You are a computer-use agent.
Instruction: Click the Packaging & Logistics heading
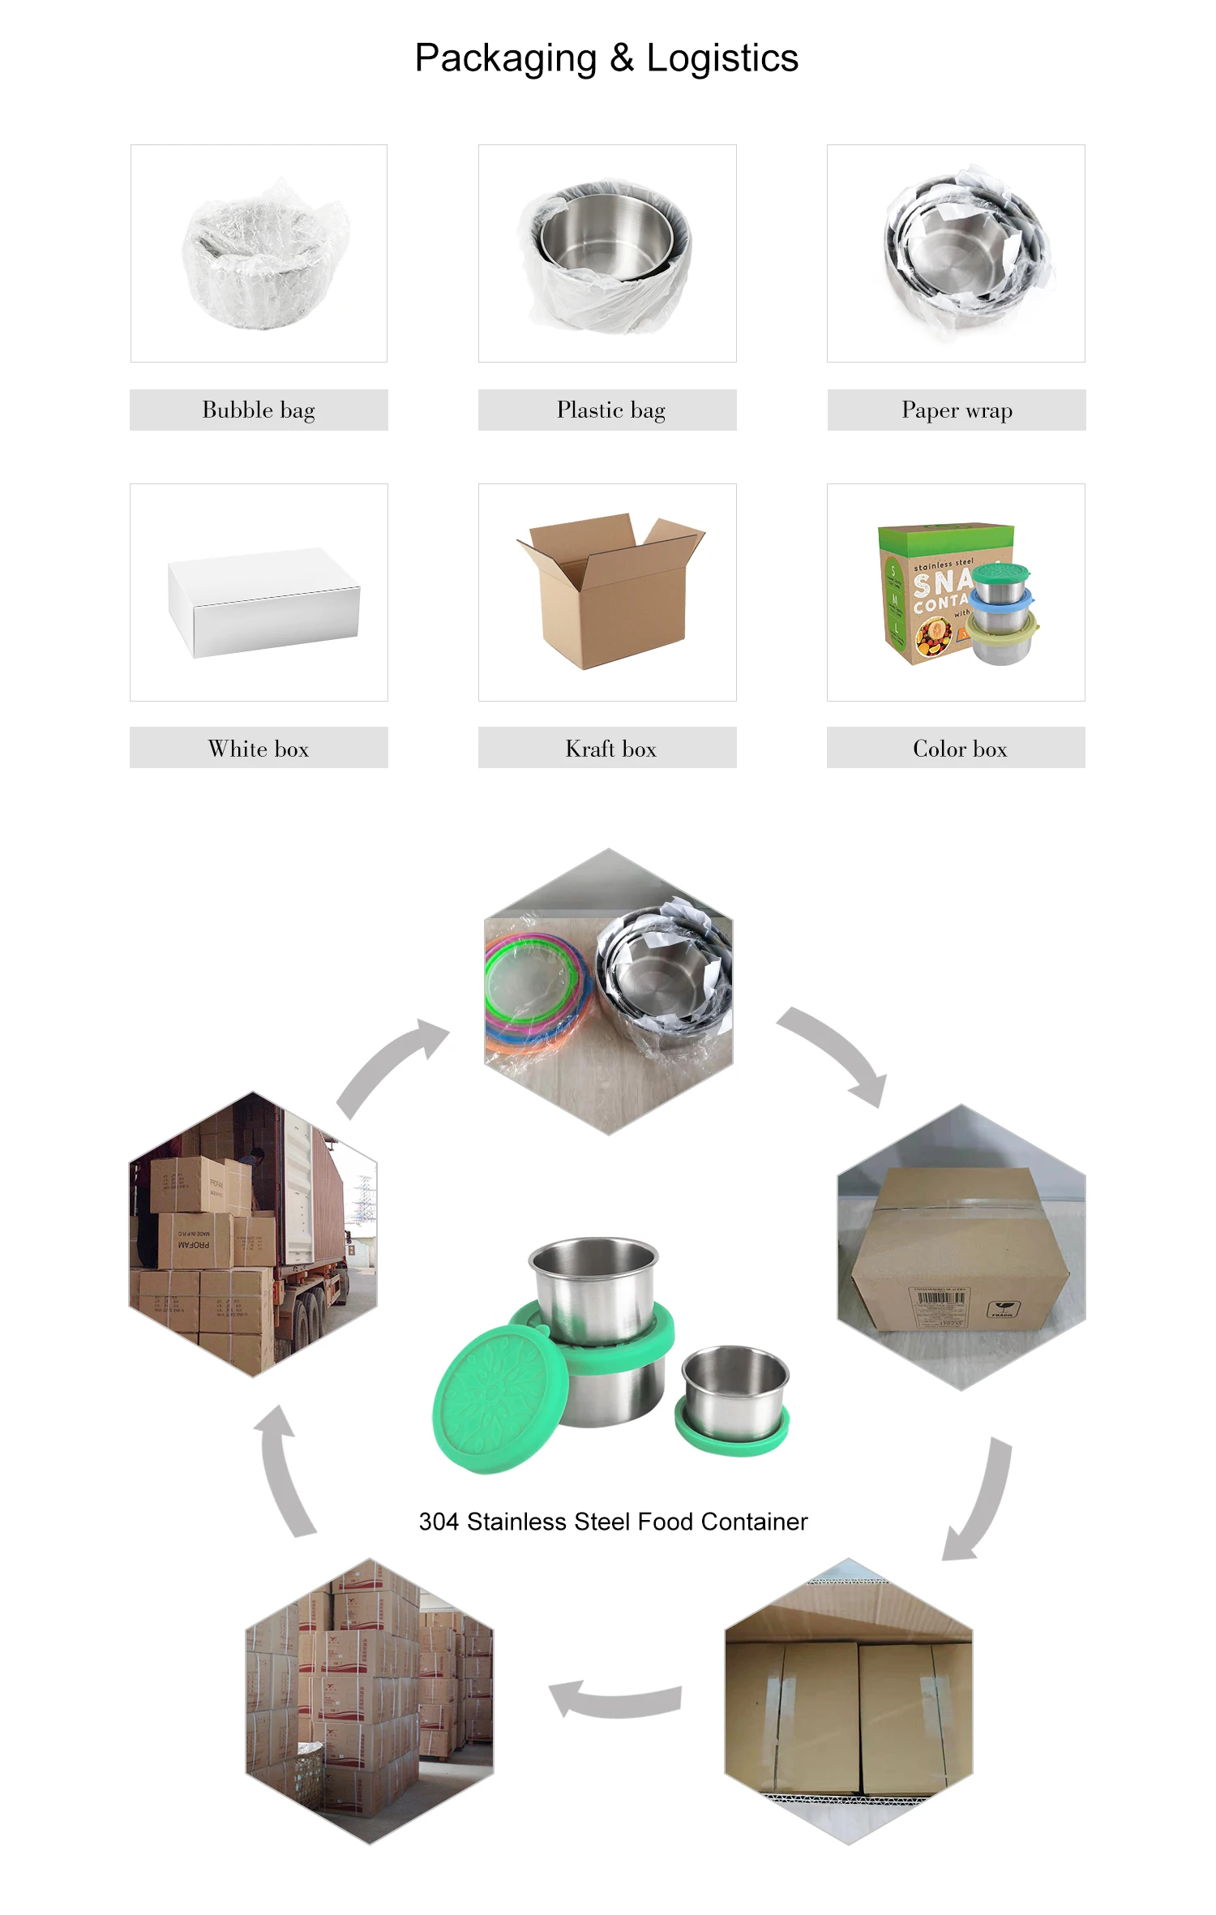606,58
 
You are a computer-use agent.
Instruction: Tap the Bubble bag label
259,410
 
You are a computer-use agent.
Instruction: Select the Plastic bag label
610,410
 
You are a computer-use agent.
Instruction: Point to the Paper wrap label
957,410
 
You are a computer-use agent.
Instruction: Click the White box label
259,749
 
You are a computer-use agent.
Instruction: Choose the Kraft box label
610,749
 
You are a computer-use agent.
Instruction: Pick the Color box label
960,749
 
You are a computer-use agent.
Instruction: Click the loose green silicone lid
496,1398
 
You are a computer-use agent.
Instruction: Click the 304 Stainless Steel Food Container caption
613,1522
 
